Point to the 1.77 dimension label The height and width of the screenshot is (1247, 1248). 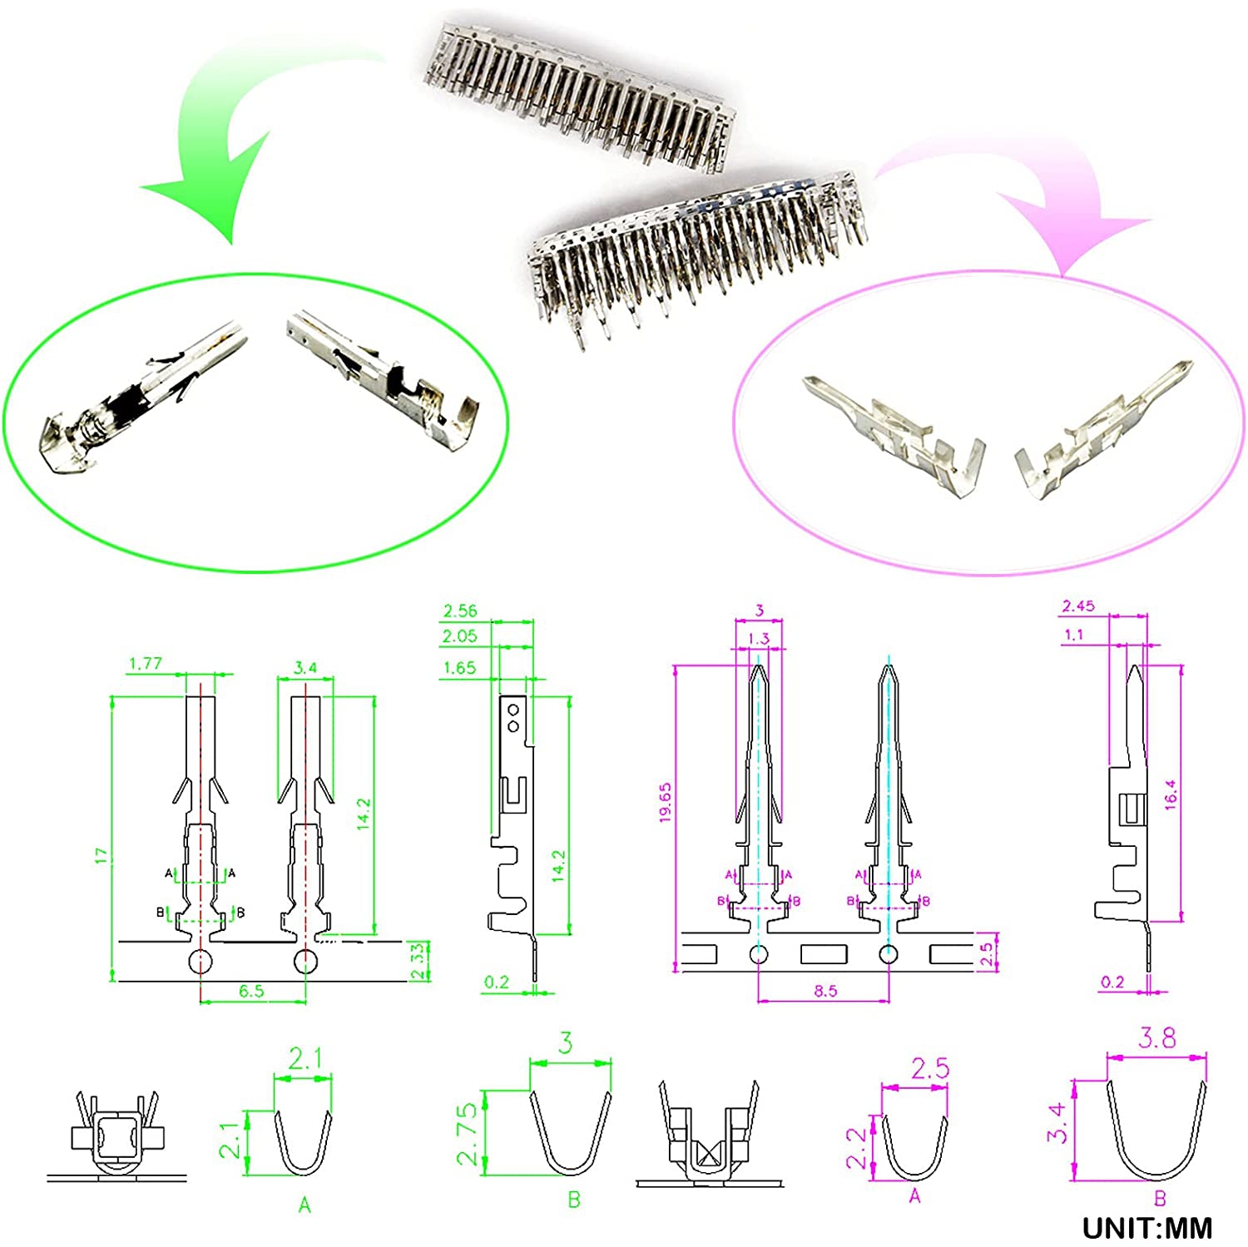tap(146, 664)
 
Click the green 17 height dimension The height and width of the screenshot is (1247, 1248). tap(102, 855)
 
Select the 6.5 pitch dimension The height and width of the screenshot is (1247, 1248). tap(251, 991)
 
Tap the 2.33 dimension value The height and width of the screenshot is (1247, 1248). tap(420, 962)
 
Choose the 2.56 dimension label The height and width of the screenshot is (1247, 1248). tap(460, 611)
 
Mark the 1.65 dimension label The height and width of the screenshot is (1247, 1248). tap(459, 668)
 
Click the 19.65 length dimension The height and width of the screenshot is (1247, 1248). tap(665, 803)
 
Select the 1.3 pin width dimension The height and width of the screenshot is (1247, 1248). tap(759, 638)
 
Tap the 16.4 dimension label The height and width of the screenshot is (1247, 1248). tap(1171, 794)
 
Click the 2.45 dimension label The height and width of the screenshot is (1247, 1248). tap(1078, 606)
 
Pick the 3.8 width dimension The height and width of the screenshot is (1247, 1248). tap(1156, 1038)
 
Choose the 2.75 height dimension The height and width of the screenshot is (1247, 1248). tap(468, 1133)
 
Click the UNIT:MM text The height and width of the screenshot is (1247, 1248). tap(1147, 1228)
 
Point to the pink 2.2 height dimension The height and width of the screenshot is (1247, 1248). tap(857, 1148)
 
